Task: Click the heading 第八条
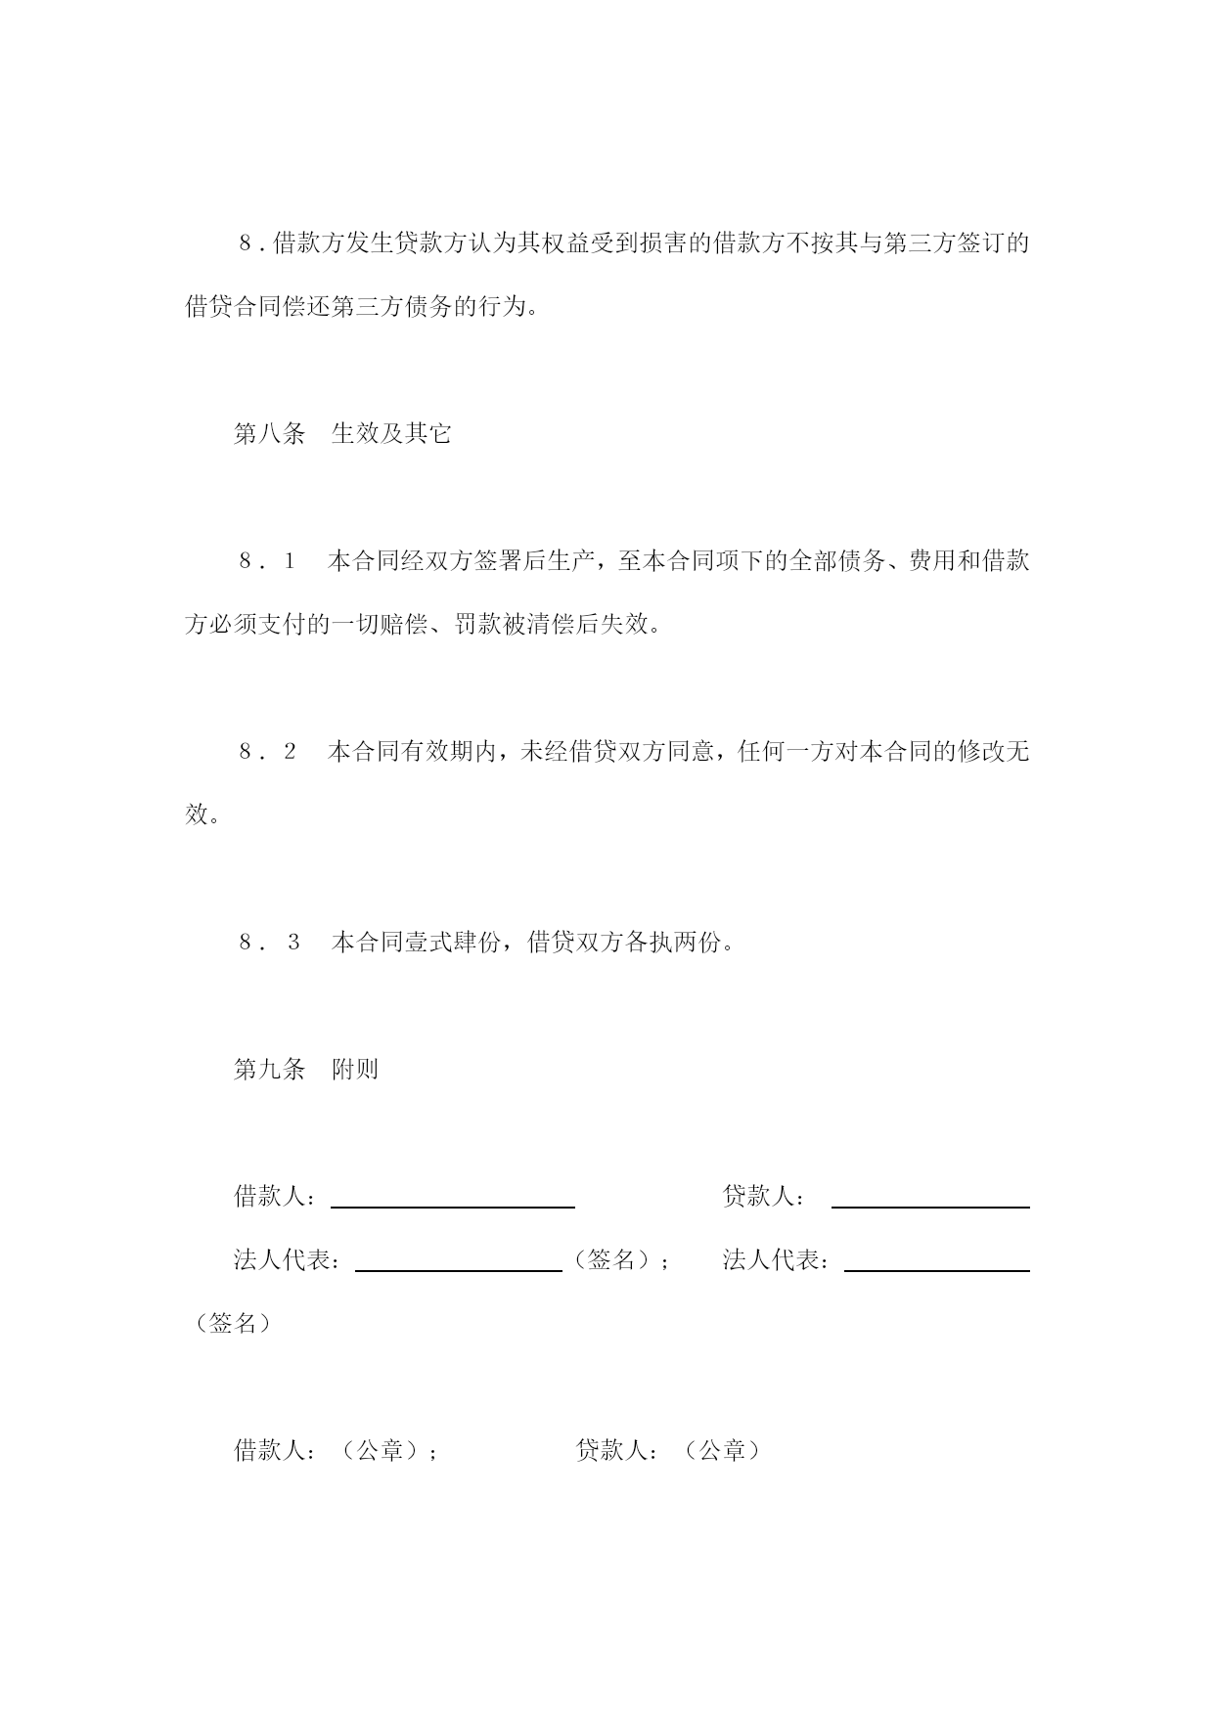[x=270, y=433]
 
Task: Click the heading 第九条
[x=270, y=1069]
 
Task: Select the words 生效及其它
[x=391, y=433]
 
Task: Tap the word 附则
[x=354, y=1069]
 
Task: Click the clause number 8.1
[x=266, y=561]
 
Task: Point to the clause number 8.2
[x=266, y=752]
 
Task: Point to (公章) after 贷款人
[x=723, y=1450]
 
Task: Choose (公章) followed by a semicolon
[x=381, y=1450]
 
